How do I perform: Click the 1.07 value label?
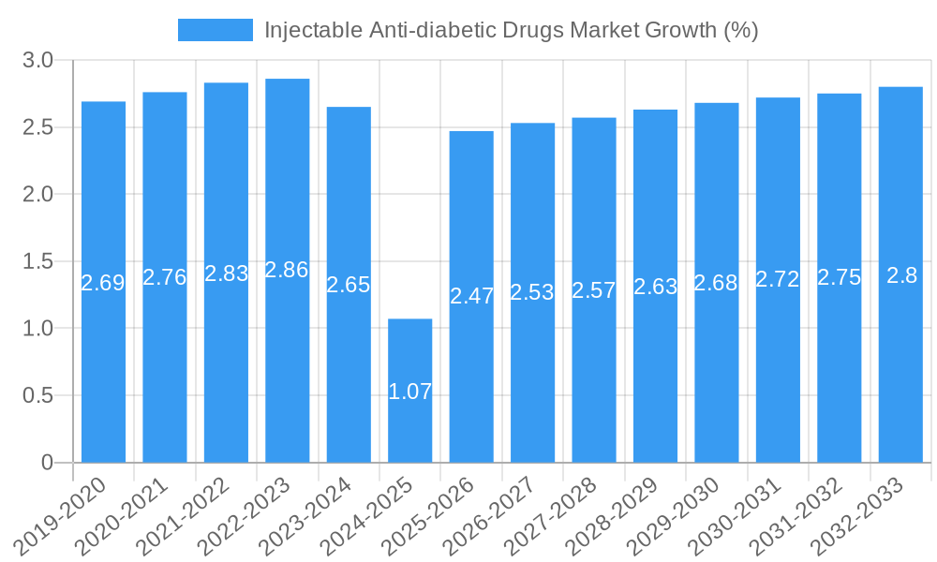tap(410, 392)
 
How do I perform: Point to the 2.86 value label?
tap(287, 270)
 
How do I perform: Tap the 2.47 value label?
tap(471, 296)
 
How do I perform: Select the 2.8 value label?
tap(901, 275)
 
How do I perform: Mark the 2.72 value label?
tap(778, 278)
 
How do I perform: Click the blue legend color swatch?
tap(216, 30)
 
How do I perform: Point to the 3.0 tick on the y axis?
tap(37, 61)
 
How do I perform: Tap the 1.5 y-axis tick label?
tap(37, 261)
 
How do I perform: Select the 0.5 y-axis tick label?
tap(37, 395)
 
